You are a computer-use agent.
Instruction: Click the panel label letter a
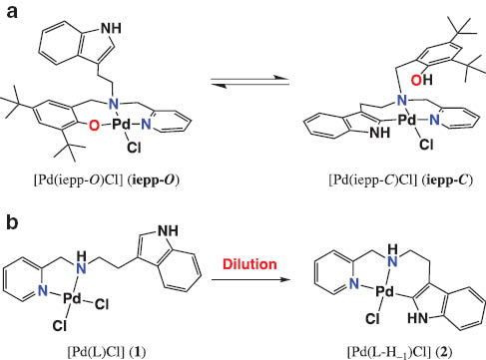(9, 12)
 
